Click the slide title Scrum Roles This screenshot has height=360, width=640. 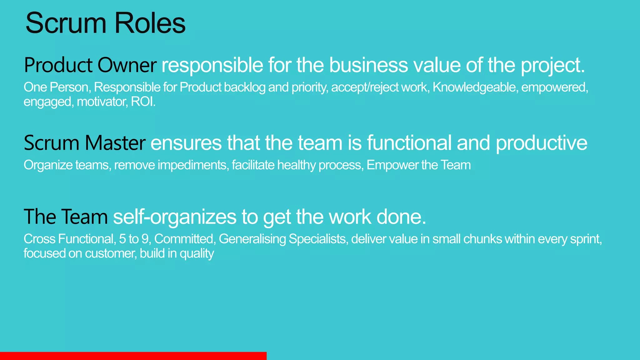click(105, 23)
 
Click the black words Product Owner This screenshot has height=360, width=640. click(90, 65)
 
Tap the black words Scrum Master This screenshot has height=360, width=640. click(84, 143)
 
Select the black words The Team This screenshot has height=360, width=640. click(66, 217)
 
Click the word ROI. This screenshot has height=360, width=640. click(143, 102)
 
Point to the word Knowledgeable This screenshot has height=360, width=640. click(474, 87)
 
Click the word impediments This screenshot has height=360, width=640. click(192, 165)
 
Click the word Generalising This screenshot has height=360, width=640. click(252, 239)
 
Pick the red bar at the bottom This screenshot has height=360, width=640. click(133, 356)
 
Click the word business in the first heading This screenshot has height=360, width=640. click(368, 65)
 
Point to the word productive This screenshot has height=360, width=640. click(541, 143)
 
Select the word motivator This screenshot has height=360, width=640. click(102, 102)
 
